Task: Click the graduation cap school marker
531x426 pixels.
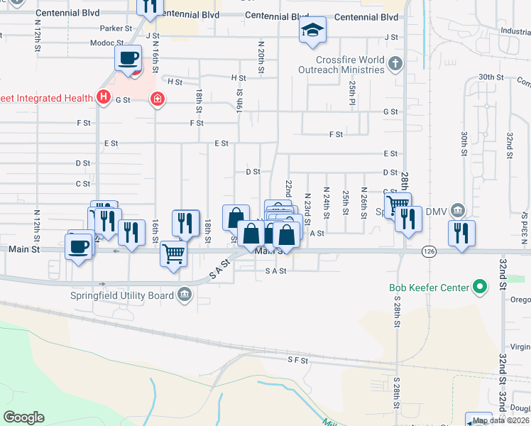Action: click(312, 31)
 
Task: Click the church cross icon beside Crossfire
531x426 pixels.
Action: click(395, 65)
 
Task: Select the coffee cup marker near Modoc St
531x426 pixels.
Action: click(128, 58)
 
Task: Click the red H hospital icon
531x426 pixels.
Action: click(104, 97)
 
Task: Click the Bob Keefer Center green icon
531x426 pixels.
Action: click(480, 288)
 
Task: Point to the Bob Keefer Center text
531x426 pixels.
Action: click(429, 288)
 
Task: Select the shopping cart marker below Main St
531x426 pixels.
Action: click(174, 252)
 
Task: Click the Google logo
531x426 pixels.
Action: click(23, 417)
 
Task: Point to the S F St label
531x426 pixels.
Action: click(297, 361)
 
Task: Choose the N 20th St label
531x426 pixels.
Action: click(261, 55)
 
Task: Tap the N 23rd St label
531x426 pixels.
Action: click(307, 207)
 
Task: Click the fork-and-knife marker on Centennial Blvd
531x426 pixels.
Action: click(149, 6)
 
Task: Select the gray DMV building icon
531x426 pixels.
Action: click(458, 209)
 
